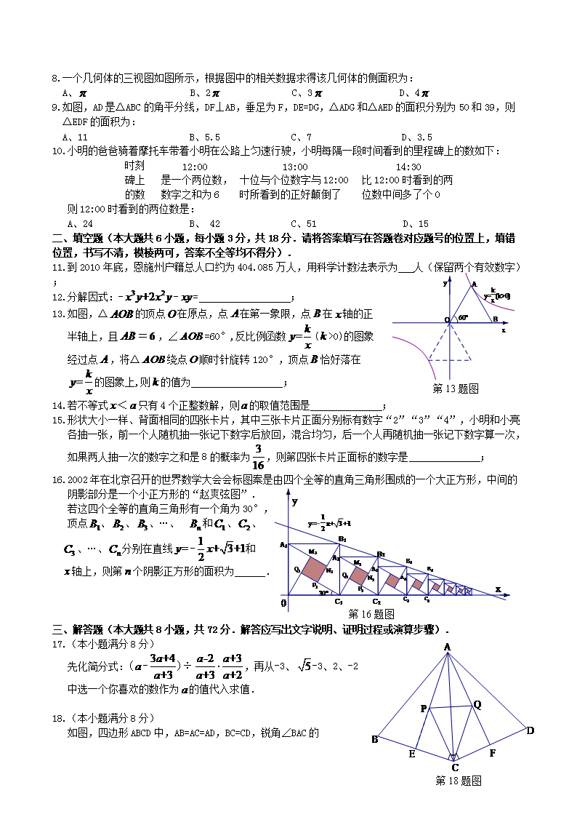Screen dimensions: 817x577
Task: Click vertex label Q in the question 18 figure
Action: tap(477, 704)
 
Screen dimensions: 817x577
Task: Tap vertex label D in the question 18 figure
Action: tap(530, 730)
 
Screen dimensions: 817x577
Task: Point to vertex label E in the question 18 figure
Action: tap(411, 754)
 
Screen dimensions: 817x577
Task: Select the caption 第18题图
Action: tap(458, 781)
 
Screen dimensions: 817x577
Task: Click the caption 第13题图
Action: tap(456, 388)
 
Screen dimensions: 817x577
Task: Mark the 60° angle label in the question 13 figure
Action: tap(461, 318)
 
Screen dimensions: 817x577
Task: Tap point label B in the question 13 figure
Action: tap(495, 319)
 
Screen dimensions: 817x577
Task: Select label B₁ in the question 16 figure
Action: tap(342, 538)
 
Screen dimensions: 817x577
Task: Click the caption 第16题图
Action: tap(371, 613)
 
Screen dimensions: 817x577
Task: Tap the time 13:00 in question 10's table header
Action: tap(294, 166)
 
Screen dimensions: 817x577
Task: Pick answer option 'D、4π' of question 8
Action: tap(413, 93)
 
